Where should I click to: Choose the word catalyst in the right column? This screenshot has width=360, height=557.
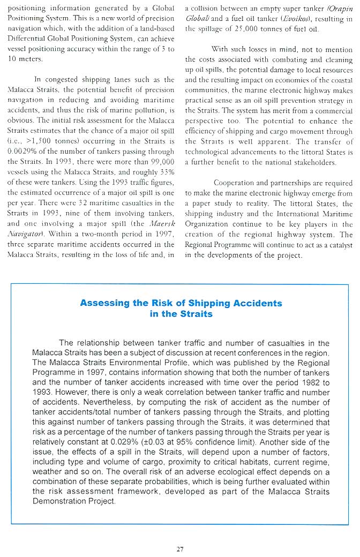[x=337, y=244]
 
